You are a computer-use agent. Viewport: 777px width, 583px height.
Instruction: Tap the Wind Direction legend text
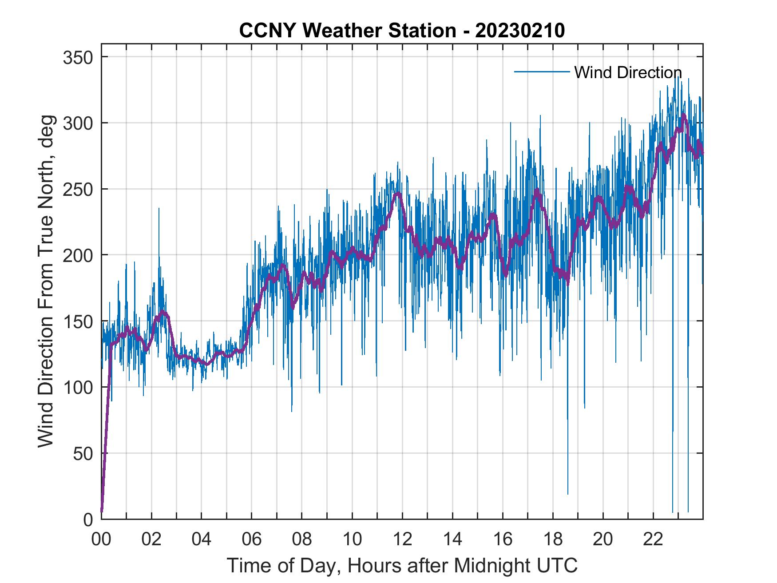pyautogui.click(x=628, y=72)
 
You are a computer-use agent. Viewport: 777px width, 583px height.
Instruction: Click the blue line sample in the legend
pyautogui.click(x=542, y=72)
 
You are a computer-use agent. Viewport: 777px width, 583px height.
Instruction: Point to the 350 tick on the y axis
pyautogui.click(x=78, y=57)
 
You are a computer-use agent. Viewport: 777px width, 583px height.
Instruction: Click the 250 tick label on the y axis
pyautogui.click(x=78, y=189)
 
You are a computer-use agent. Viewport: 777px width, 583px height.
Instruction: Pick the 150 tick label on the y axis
pyautogui.click(x=78, y=321)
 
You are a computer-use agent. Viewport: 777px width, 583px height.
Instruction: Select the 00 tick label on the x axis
pyautogui.click(x=101, y=539)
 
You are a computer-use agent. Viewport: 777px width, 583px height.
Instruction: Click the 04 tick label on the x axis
pyautogui.click(x=202, y=539)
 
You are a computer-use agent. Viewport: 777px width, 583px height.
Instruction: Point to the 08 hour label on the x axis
pyautogui.click(x=302, y=539)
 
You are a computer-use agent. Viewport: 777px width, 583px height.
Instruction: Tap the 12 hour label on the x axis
pyautogui.click(x=402, y=539)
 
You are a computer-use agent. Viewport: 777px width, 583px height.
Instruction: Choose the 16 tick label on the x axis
pyautogui.click(x=503, y=539)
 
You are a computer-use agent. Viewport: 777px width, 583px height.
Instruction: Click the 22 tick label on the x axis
pyautogui.click(x=653, y=539)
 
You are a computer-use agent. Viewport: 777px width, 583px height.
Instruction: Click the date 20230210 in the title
pyautogui.click(x=520, y=30)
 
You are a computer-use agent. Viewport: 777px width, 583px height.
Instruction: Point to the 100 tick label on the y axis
pyautogui.click(x=78, y=387)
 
